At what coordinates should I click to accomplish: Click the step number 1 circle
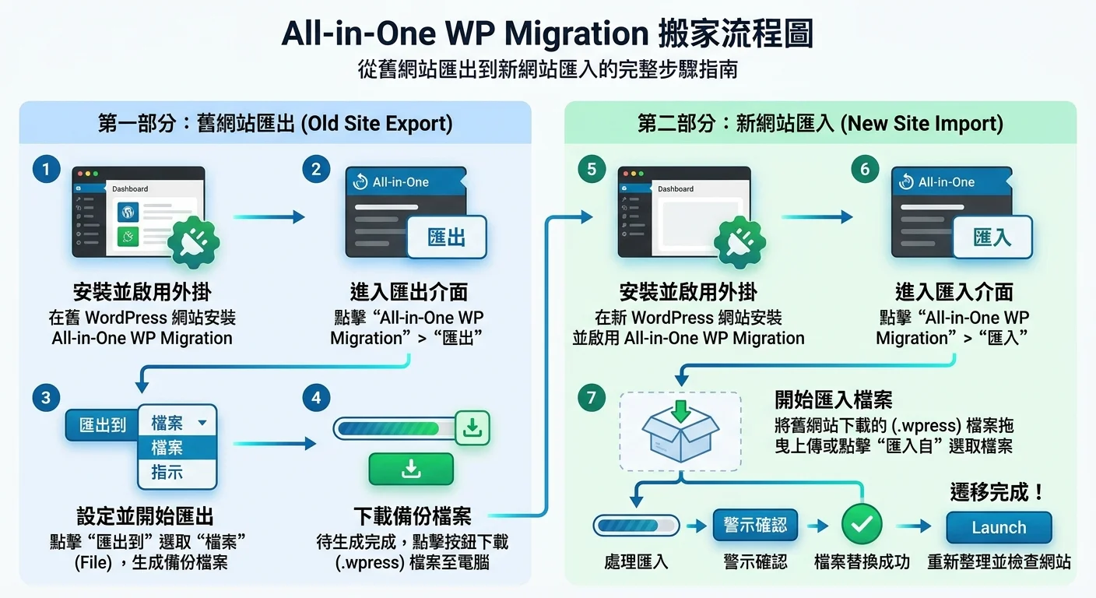(x=47, y=170)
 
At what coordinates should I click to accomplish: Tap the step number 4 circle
(x=316, y=398)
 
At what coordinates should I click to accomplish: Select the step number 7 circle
(x=592, y=398)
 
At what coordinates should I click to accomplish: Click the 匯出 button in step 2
(x=447, y=237)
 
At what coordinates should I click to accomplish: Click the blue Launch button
(x=999, y=527)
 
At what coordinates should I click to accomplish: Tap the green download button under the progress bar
(x=411, y=469)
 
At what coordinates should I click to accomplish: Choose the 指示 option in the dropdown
(x=167, y=472)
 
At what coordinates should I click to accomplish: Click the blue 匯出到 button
(x=103, y=425)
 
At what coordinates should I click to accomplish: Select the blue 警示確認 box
(x=754, y=525)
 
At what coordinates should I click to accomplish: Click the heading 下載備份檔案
(x=412, y=516)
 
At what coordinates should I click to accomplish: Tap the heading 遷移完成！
(x=997, y=492)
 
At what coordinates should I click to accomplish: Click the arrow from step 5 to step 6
(x=817, y=217)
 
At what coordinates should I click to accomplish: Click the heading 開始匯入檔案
(x=833, y=400)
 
